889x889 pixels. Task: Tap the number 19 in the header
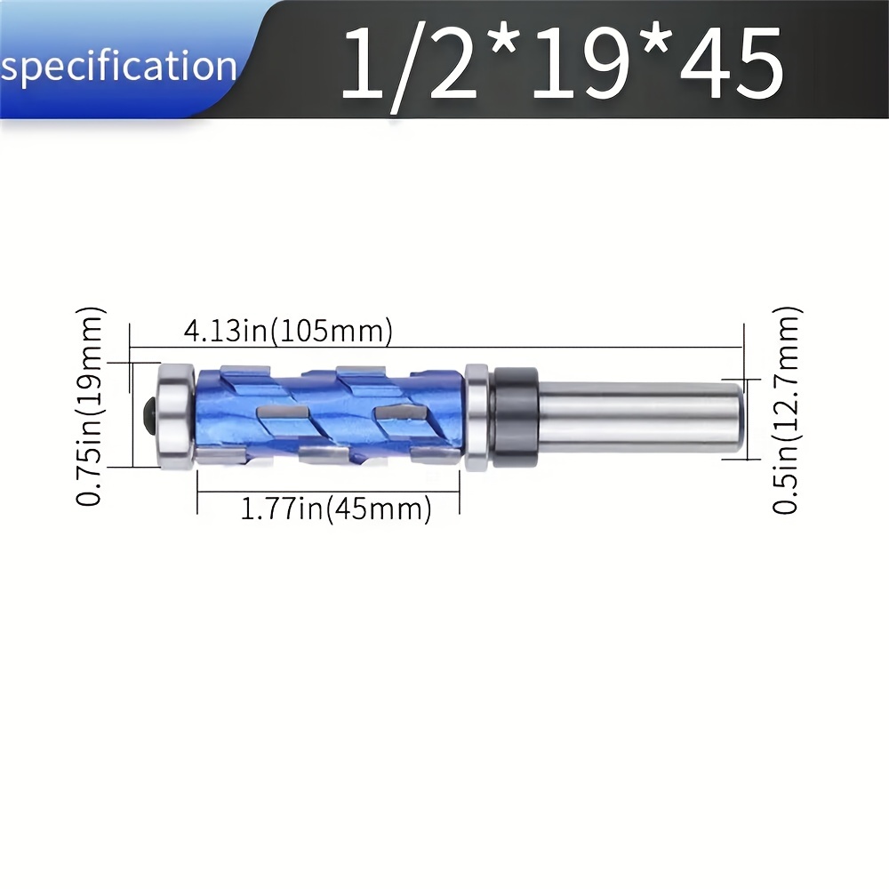(580, 62)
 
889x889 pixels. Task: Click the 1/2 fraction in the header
(408, 65)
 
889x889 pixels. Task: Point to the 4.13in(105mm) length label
(288, 330)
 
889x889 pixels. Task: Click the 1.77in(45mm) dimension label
(336, 508)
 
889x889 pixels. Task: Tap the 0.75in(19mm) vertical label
(90, 406)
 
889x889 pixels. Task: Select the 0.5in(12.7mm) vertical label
(787, 410)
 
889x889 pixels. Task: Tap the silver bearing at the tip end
(177, 415)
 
